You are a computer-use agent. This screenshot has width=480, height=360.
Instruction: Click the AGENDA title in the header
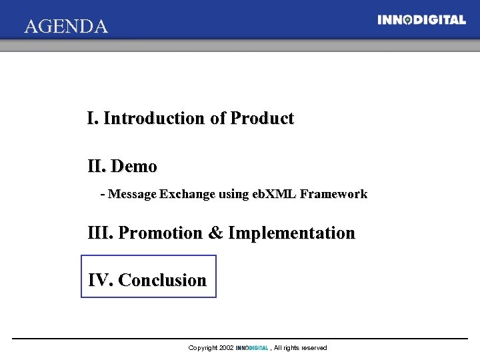point(65,27)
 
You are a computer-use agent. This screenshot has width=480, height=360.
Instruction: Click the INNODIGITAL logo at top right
point(421,20)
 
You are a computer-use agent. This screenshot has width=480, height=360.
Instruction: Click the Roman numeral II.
point(97,166)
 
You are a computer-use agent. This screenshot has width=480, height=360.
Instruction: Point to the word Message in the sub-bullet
point(132,195)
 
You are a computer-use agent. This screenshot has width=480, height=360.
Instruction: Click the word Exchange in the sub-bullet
point(187,195)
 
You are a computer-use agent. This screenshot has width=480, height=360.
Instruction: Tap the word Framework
point(333,195)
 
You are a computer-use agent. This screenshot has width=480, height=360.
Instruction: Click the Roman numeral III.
point(101,233)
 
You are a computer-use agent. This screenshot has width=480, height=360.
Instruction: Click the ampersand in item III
point(215,233)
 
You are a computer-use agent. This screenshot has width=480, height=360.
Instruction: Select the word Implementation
point(291,233)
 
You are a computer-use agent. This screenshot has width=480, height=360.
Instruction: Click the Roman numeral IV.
point(100,280)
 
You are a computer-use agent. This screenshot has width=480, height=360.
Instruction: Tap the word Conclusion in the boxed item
point(162,280)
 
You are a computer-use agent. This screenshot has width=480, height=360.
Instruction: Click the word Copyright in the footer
point(203,348)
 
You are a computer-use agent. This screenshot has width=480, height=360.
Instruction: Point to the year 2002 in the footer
point(226,348)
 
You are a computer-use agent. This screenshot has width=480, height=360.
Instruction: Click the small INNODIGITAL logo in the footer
point(252,348)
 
